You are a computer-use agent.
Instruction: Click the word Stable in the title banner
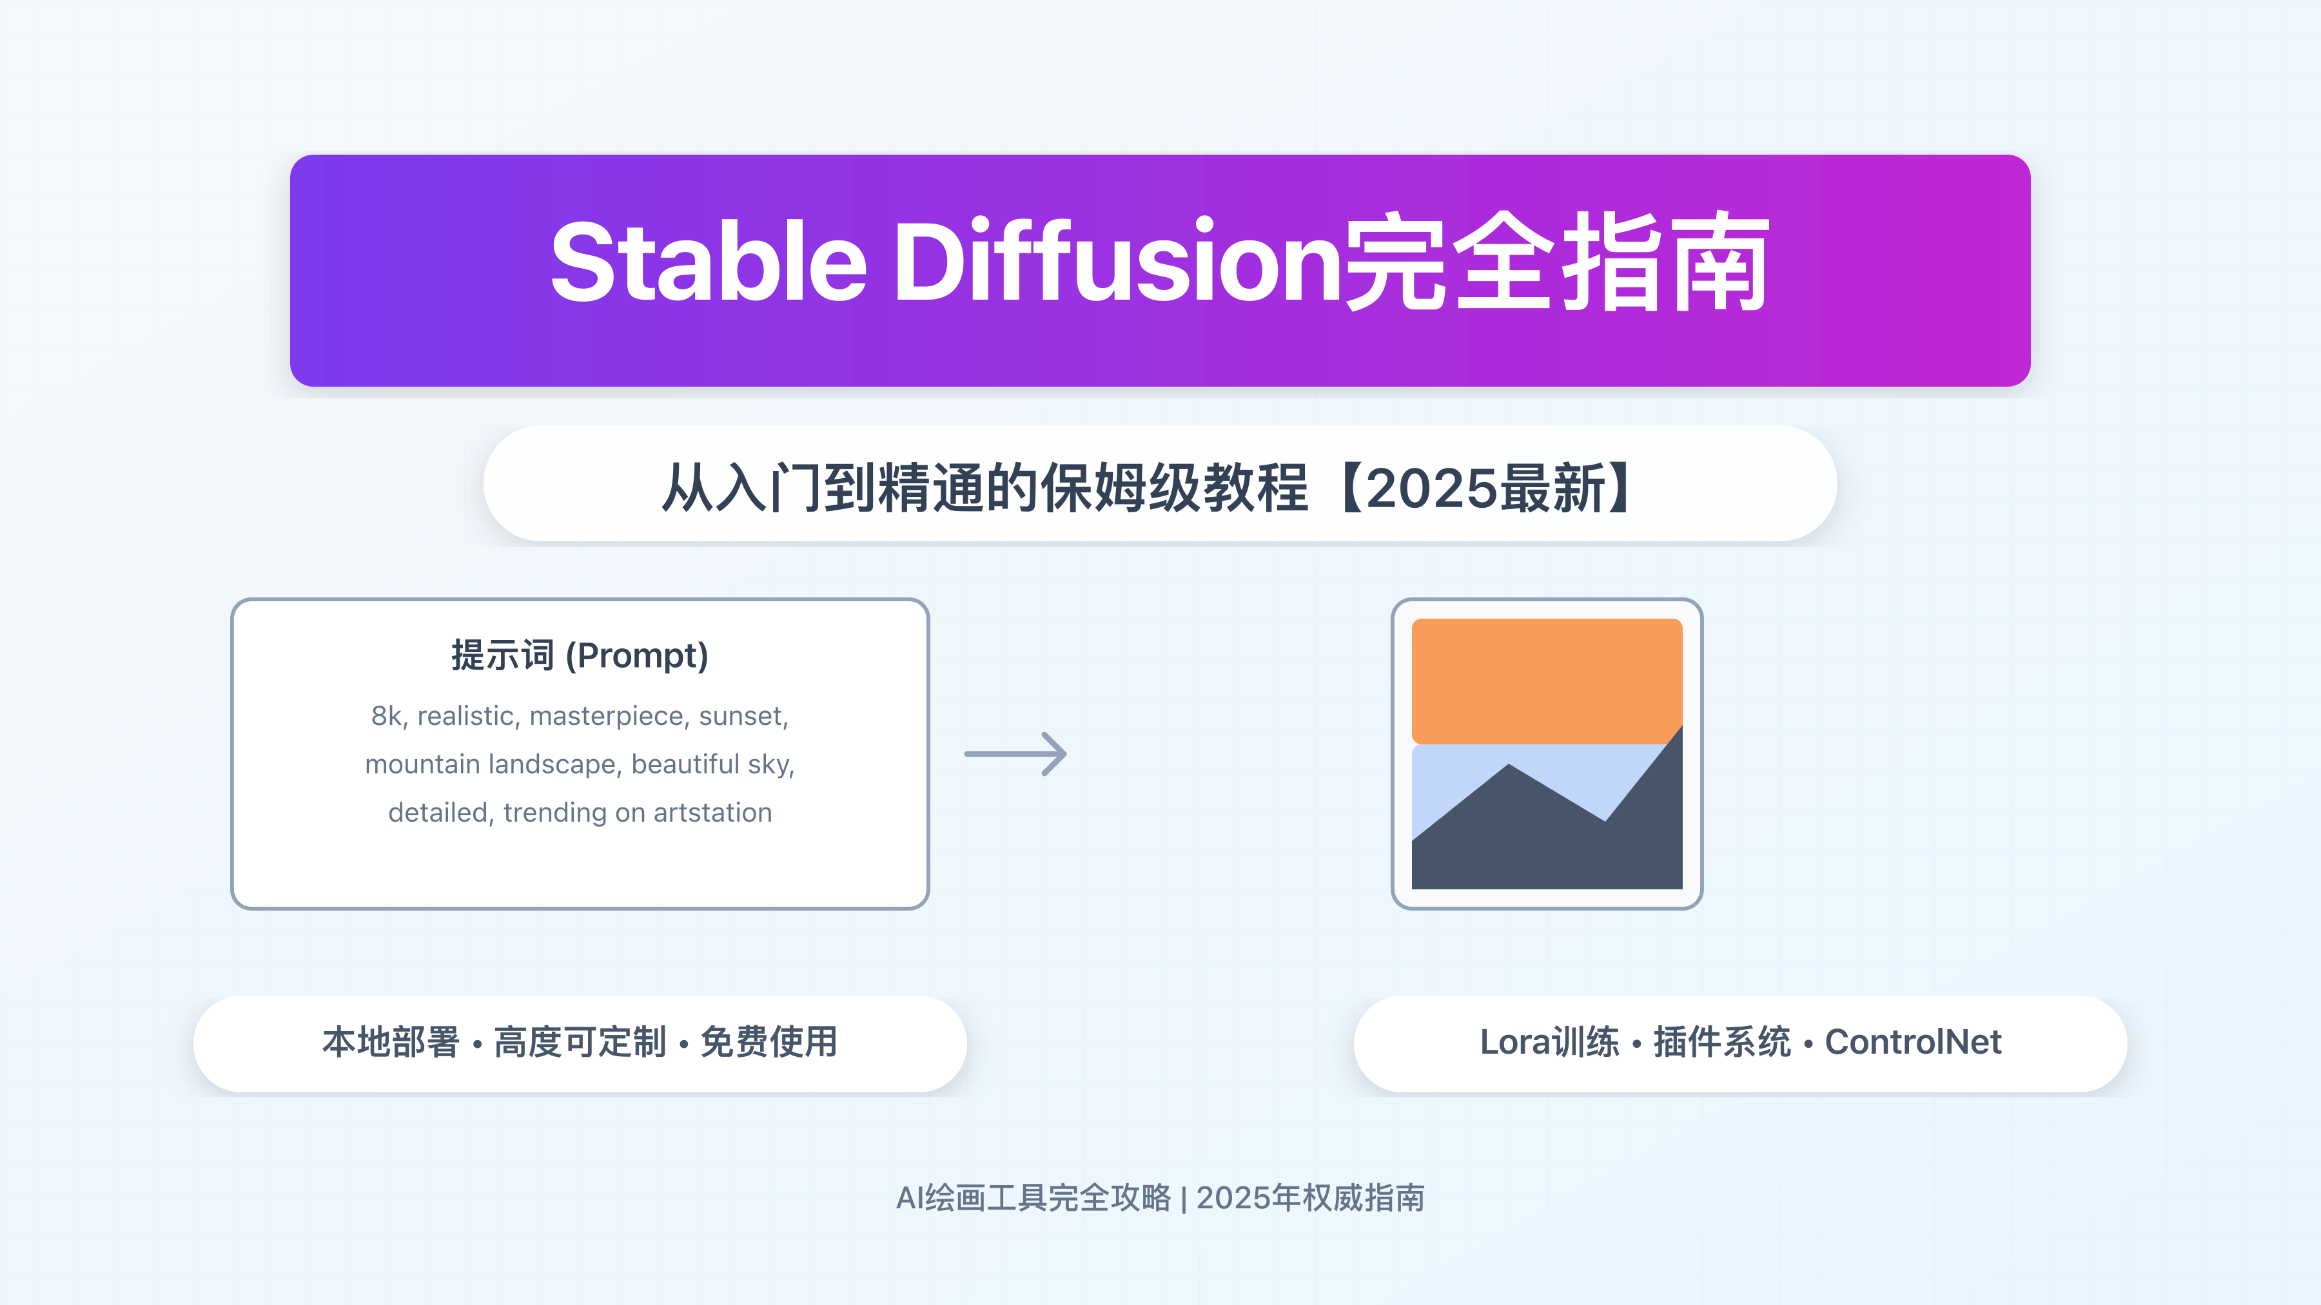[x=708, y=263]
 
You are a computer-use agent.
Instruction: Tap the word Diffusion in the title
[x=1117, y=263]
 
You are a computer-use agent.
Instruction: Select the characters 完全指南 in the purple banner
[x=1557, y=263]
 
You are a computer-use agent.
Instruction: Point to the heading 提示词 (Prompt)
[x=580, y=655]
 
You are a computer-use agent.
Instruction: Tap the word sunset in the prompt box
[x=741, y=716]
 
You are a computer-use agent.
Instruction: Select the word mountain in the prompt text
[x=422, y=764]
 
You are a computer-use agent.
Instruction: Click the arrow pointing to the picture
[x=1015, y=754]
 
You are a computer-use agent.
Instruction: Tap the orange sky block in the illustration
[x=1546, y=680]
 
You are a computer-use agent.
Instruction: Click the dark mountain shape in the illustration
[x=1546, y=847]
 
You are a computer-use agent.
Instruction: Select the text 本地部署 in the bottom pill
[x=391, y=1042]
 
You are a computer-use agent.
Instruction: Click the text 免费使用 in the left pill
[x=769, y=1042]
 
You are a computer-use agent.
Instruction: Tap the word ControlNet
[x=1913, y=1042]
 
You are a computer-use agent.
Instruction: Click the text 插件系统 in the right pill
[x=1722, y=1042]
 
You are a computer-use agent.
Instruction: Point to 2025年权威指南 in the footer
[x=1310, y=1198]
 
